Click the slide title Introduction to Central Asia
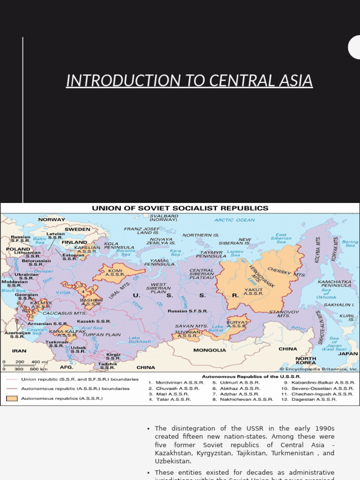click(x=189, y=81)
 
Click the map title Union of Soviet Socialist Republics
click(x=180, y=208)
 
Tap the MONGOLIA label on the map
click(x=210, y=350)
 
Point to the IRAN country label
click(x=19, y=350)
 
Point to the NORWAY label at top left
click(x=52, y=219)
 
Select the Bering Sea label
click(x=350, y=244)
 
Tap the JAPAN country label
click(x=348, y=353)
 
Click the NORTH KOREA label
click(x=305, y=361)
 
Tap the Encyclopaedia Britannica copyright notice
click(x=319, y=369)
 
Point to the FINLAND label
click(x=74, y=242)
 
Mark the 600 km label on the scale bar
click(x=38, y=369)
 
